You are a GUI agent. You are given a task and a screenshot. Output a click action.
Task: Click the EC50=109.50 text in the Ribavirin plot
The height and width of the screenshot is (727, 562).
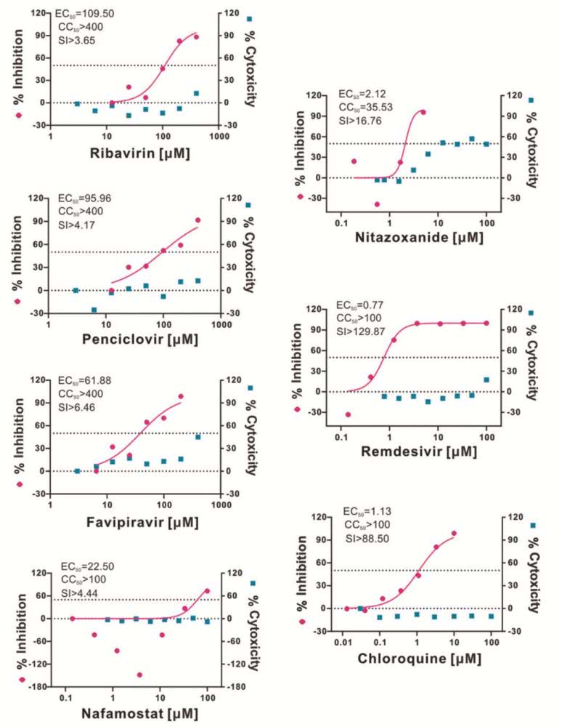pos(84,13)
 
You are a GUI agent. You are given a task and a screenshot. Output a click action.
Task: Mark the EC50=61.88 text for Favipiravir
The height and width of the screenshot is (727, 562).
pos(86,380)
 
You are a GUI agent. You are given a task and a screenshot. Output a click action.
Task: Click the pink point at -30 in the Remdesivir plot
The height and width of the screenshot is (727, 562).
pos(348,414)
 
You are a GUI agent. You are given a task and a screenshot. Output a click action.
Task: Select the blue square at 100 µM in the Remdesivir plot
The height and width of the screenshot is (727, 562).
pos(486,379)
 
